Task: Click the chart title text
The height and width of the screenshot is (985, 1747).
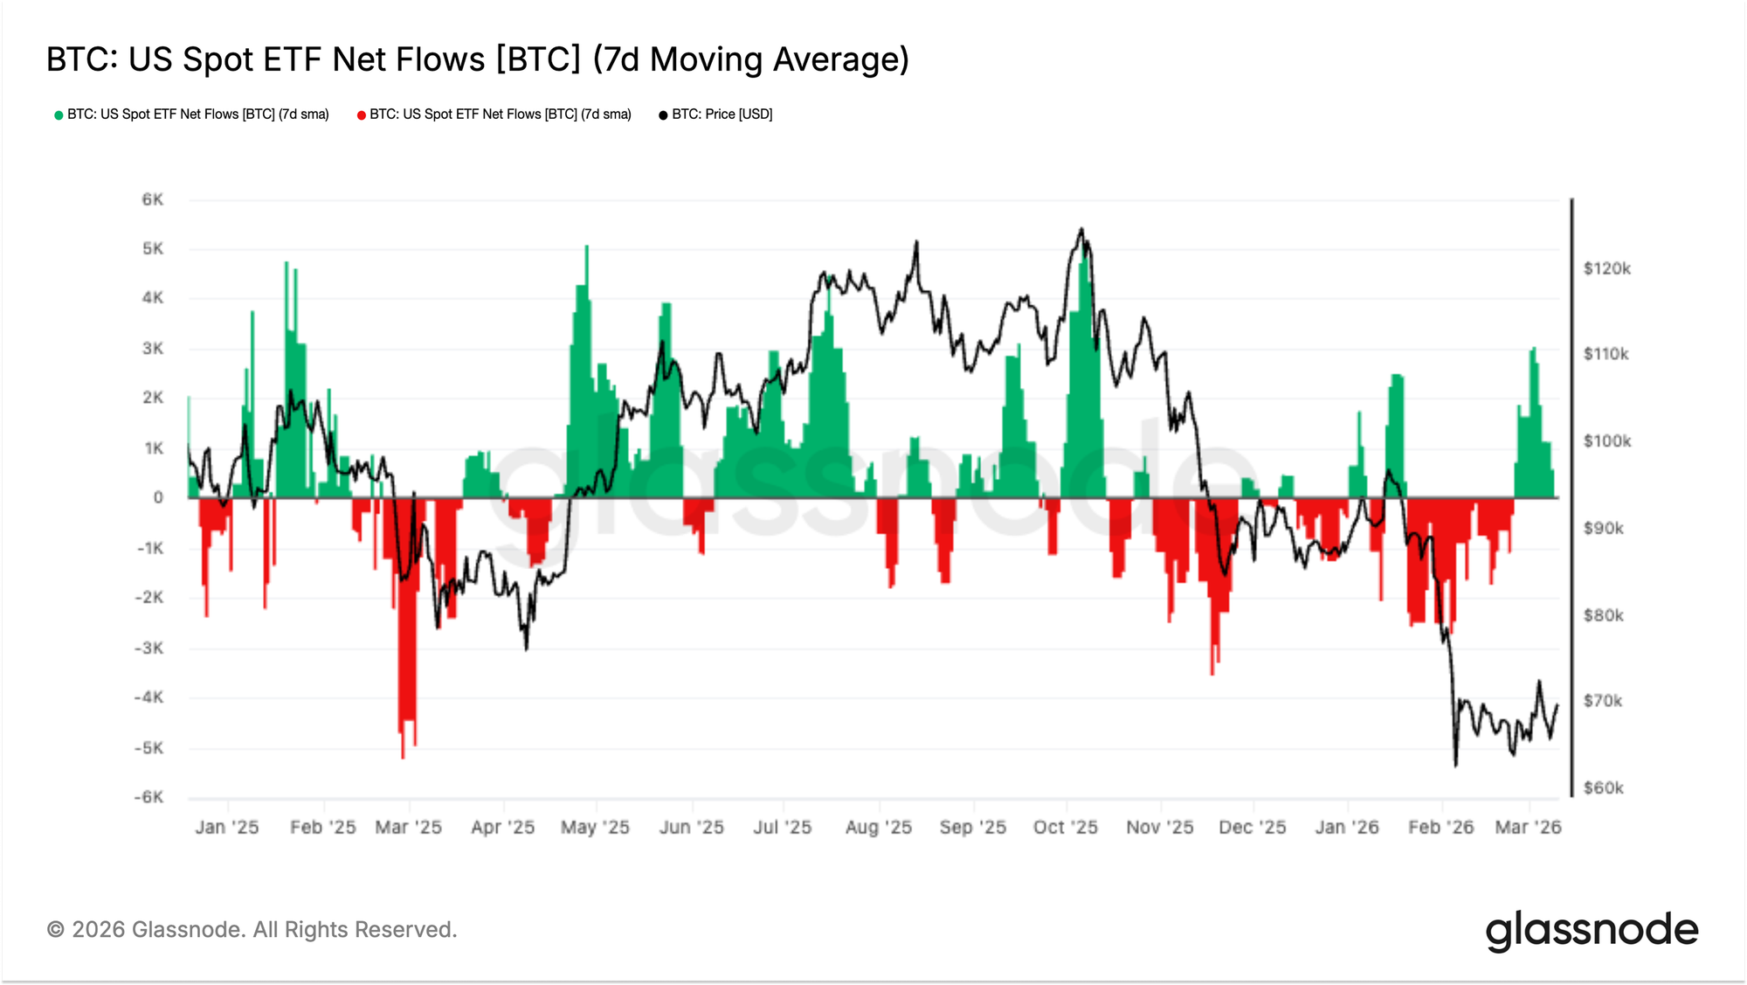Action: [478, 59]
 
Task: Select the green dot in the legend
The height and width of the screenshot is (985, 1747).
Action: [59, 115]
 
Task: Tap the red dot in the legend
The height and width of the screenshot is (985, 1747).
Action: [361, 115]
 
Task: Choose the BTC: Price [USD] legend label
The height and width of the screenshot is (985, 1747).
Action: [722, 114]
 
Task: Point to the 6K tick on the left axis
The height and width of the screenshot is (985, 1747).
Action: [152, 199]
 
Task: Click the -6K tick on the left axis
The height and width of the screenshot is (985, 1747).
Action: [148, 797]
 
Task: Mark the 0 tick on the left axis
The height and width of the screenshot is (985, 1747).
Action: [158, 497]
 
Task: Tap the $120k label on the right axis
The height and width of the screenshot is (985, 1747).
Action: [1606, 268]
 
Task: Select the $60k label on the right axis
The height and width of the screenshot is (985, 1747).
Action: [1603, 787]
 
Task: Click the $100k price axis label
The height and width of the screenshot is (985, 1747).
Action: [1606, 440]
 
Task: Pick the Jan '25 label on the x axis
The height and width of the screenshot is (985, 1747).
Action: [227, 827]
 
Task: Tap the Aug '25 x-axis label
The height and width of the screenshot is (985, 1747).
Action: [878, 827]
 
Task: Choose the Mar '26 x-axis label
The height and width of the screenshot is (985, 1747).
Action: [1528, 827]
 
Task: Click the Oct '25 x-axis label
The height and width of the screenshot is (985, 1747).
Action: [1065, 827]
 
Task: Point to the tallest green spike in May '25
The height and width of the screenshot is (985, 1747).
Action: [586, 248]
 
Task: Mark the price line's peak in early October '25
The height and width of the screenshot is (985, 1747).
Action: [1081, 230]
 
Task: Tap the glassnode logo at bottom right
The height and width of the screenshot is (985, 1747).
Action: [1592, 930]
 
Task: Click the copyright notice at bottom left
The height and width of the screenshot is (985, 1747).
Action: [252, 929]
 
